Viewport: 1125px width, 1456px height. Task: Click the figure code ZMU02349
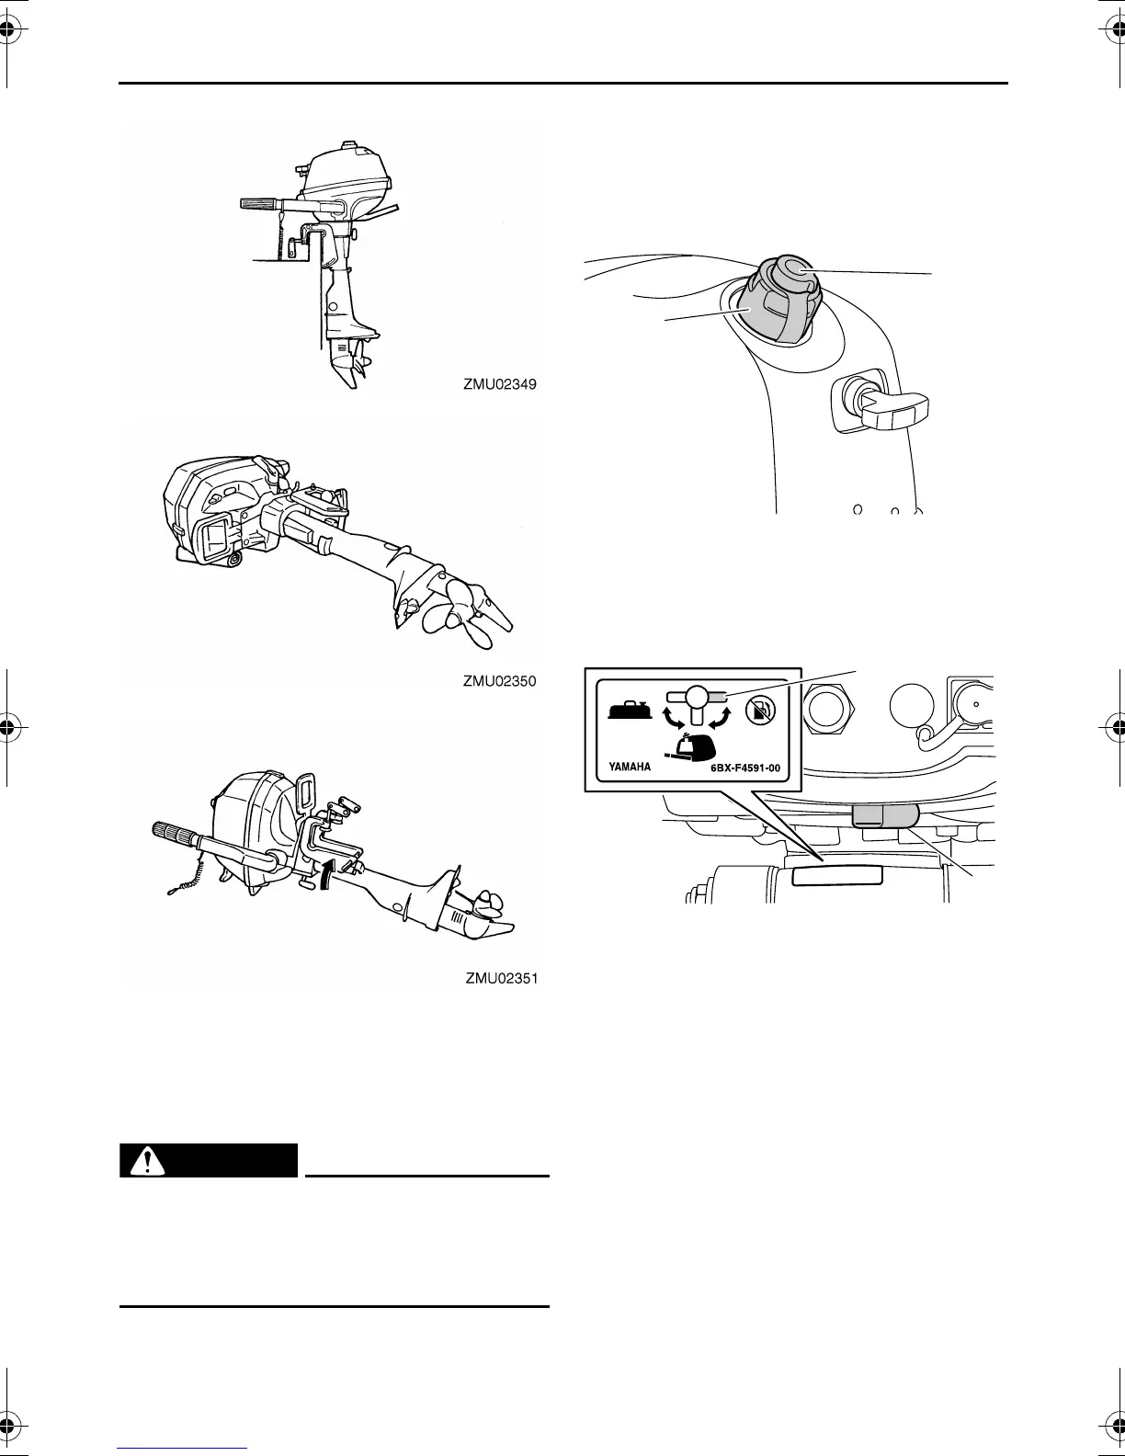[x=499, y=387]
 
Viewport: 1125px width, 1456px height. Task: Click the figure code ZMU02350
[x=499, y=682]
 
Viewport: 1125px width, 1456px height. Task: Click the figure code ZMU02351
[x=500, y=980]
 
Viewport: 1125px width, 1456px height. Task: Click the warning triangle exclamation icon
[x=142, y=1161]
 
